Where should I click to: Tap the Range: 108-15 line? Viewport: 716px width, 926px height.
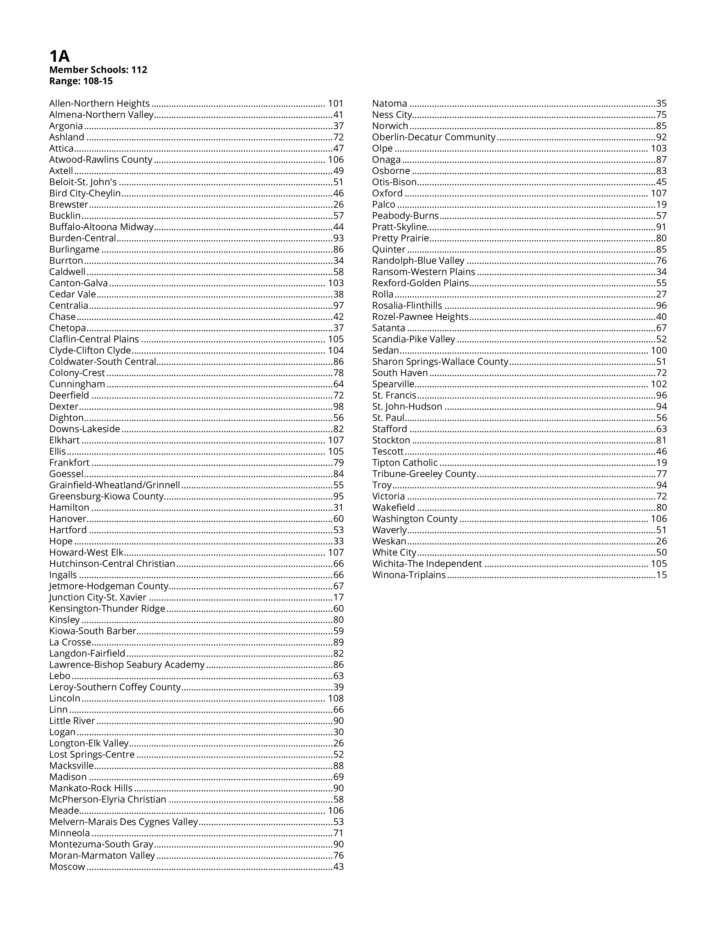[81, 81]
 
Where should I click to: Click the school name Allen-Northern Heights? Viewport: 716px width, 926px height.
[99, 104]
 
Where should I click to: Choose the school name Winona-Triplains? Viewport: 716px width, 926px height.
[409, 575]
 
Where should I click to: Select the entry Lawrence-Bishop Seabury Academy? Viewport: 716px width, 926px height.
[127, 665]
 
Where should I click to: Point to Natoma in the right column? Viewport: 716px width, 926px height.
[389, 104]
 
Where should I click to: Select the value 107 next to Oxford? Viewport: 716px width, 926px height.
[659, 193]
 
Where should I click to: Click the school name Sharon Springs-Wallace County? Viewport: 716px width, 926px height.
[440, 362]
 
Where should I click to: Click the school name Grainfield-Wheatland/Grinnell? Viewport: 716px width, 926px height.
[115, 485]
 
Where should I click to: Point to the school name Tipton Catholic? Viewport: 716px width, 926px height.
[405, 462]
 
